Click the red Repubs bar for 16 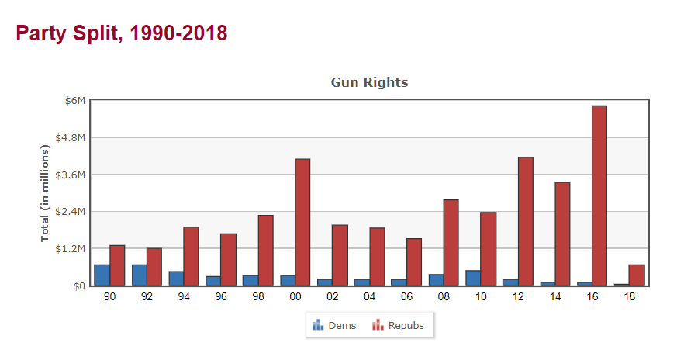[599, 196]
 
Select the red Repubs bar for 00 [302, 222]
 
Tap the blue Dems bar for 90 [102, 275]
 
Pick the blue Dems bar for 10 [473, 278]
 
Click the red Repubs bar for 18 [636, 275]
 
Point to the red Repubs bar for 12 [525, 221]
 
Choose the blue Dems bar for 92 [140, 275]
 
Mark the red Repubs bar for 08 [451, 242]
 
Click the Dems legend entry [334, 325]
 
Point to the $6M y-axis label [74, 101]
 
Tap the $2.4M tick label [70, 212]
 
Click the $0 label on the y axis [78, 286]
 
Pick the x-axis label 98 [257, 296]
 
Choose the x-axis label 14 [555, 296]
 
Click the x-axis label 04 [369, 296]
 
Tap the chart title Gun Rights [369, 82]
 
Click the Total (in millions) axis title [46, 193]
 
